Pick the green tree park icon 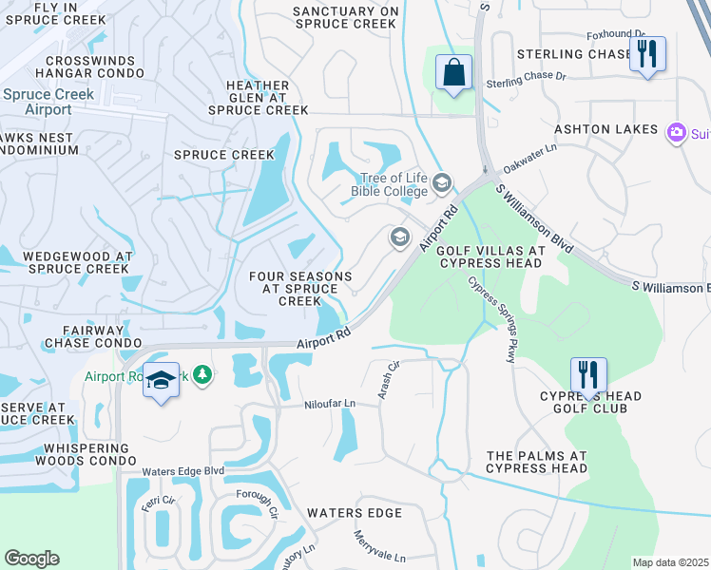pyautogui.click(x=202, y=376)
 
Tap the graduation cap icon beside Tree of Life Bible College pyautogui.click(x=441, y=181)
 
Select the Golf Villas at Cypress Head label pyautogui.click(x=490, y=258)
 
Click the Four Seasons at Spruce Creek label pyautogui.click(x=299, y=289)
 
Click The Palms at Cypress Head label pyautogui.click(x=537, y=462)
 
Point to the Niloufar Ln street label pyautogui.click(x=329, y=404)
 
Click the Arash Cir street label pyautogui.click(x=389, y=379)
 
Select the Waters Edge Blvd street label pyautogui.click(x=183, y=471)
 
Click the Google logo pyautogui.click(x=32, y=559)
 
